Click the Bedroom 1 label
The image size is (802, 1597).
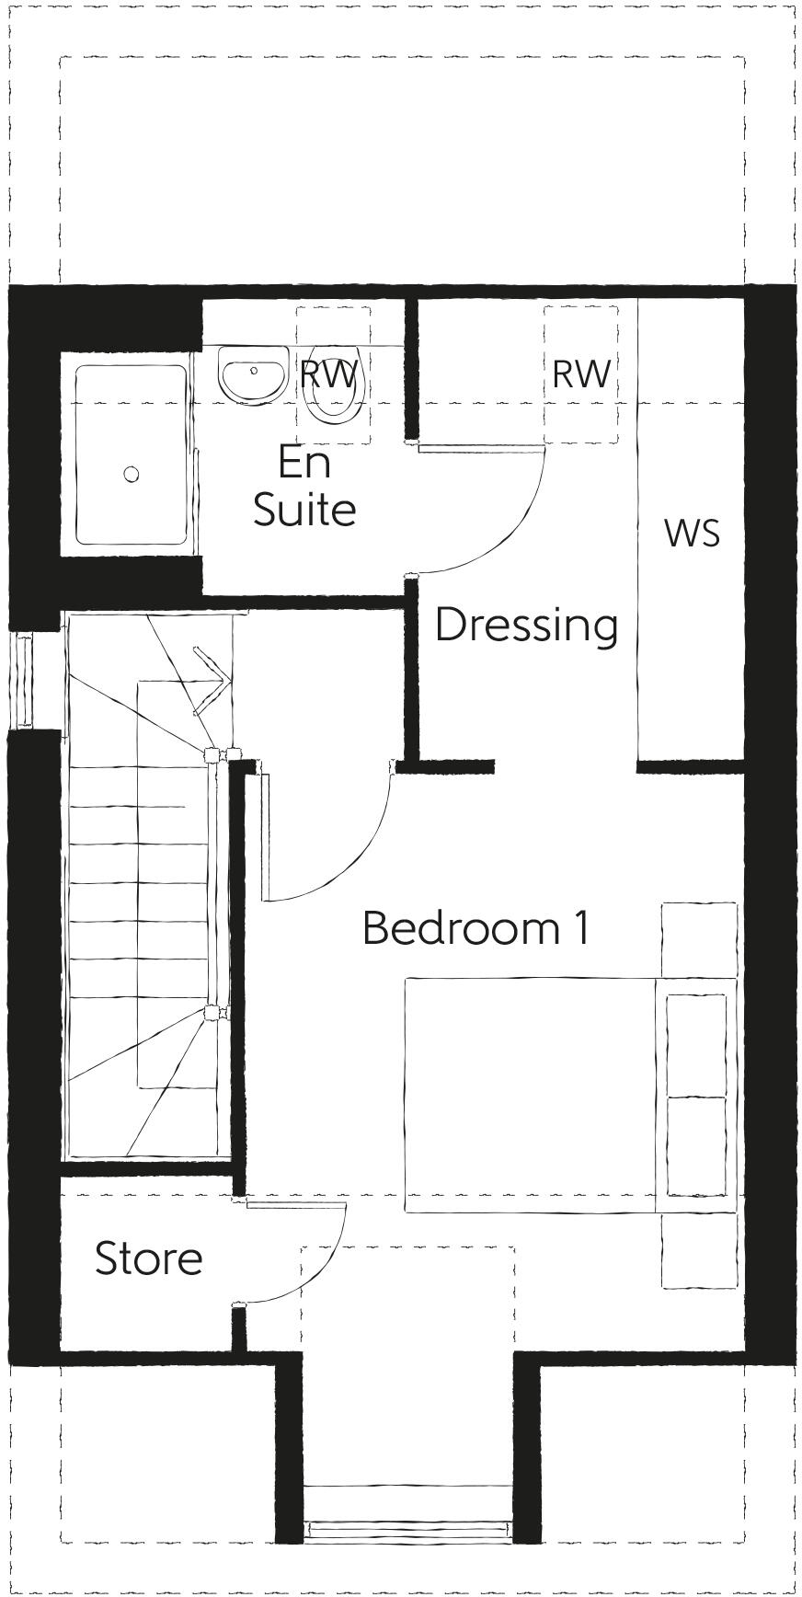(x=475, y=928)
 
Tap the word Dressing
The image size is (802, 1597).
(x=526, y=626)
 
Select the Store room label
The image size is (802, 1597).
(x=148, y=1258)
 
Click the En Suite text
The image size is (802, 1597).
(x=304, y=487)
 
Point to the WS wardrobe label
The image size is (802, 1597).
(x=691, y=534)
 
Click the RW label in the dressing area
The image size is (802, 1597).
(x=581, y=374)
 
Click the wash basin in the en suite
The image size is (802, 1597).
(x=252, y=375)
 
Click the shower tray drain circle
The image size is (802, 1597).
(x=132, y=474)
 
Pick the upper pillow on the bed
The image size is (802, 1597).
(x=696, y=1043)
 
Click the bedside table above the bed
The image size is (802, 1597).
(x=699, y=939)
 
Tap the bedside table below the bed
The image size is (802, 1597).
(x=699, y=1250)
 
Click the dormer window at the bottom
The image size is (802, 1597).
(x=407, y=1529)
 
